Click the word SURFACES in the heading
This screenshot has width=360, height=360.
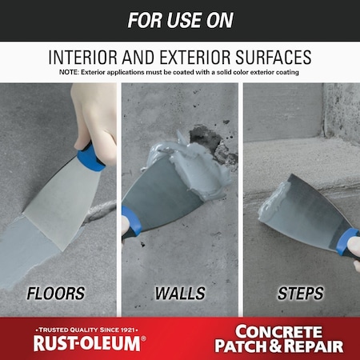coord(275,58)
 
